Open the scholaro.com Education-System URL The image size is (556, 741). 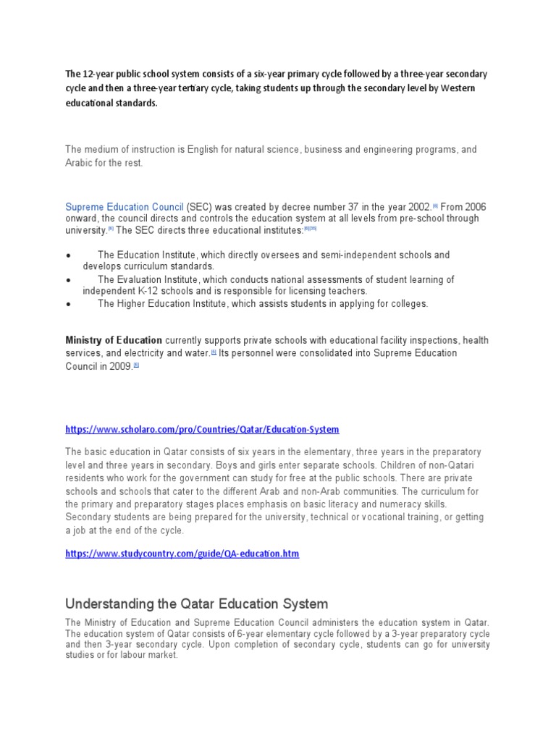[202, 429]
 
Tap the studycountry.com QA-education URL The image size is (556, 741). [182, 554]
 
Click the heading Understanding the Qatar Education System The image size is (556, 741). [196, 604]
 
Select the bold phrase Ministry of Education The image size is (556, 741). [114, 340]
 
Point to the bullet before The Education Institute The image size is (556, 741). [68, 255]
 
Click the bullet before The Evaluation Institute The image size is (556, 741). [68, 280]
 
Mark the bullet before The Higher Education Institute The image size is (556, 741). [68, 305]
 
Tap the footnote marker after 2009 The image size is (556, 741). [136, 365]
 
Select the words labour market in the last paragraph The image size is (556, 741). [151, 655]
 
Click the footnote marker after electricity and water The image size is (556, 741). [214, 352]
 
